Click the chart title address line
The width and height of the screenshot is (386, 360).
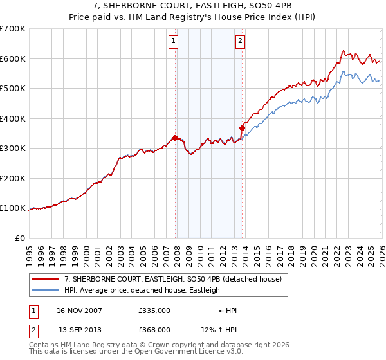point(193,6)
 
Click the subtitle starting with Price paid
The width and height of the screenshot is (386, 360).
point(193,17)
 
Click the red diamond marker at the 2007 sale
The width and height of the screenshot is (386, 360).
point(175,137)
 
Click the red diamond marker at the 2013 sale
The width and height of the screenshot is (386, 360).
point(243,127)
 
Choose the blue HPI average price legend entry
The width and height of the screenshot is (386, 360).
point(142,290)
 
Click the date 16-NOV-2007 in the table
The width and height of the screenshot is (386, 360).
point(80,310)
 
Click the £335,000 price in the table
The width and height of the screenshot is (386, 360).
point(154,310)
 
